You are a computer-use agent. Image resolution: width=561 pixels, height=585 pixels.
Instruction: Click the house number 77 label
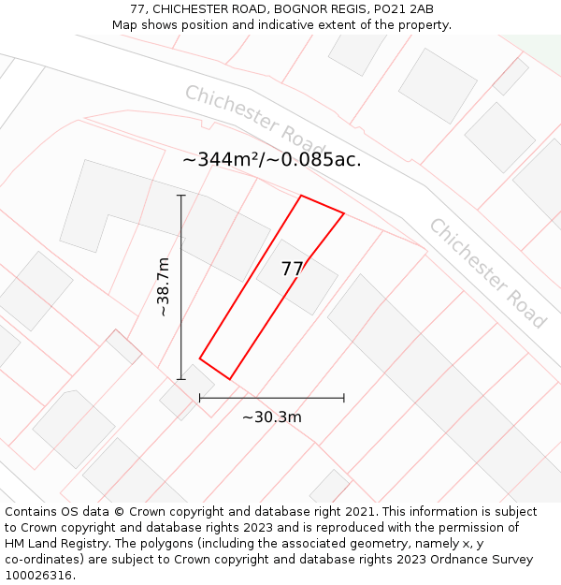click(x=292, y=270)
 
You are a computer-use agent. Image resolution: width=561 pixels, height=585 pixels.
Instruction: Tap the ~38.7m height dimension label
click(x=163, y=286)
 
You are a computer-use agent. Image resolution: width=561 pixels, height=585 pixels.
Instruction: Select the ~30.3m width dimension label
click(x=272, y=417)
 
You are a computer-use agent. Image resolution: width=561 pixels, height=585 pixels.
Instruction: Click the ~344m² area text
click(x=220, y=159)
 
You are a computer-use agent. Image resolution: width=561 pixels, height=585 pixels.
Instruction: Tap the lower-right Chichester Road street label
click(x=487, y=272)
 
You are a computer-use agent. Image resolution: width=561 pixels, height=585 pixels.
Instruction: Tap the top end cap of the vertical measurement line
click(x=181, y=196)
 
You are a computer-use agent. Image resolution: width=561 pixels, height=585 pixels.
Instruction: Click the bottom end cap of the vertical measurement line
click(x=181, y=379)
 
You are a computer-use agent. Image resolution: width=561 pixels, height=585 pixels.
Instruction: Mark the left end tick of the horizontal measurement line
click(x=200, y=398)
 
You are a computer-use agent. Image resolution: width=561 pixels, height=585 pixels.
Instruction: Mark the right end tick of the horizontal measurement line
click(x=344, y=398)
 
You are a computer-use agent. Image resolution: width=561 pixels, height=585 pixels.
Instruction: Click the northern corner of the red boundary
click(x=301, y=196)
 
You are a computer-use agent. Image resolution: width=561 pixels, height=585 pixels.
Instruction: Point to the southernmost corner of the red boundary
click(x=230, y=379)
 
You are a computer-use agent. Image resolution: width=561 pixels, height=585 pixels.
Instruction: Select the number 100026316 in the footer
click(x=36, y=576)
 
